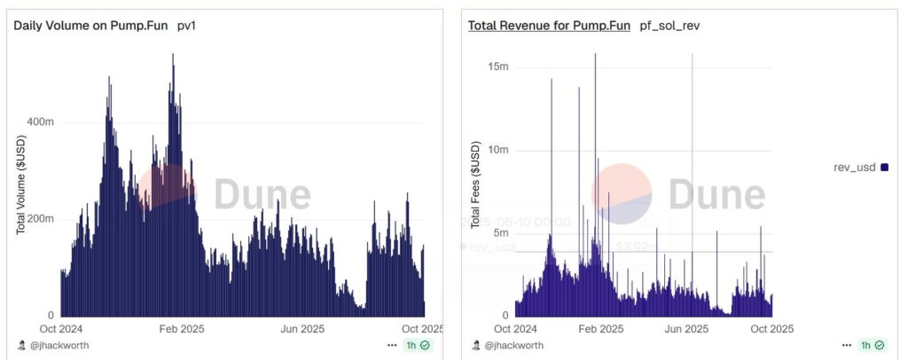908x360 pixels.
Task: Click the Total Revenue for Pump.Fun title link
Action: [x=549, y=26]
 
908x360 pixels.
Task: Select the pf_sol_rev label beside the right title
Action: [x=670, y=26]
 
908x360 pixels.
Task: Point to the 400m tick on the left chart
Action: [x=40, y=121]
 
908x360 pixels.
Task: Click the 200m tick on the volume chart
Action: [x=40, y=219]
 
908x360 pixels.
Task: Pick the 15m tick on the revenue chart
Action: [x=497, y=67]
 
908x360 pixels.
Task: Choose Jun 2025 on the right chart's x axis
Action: [x=685, y=329]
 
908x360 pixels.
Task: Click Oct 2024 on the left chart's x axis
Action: [x=59, y=329]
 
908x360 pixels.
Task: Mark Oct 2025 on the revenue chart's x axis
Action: [x=771, y=329]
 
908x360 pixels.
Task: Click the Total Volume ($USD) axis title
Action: [x=20, y=185]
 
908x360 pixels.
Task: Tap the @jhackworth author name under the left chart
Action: [x=59, y=345]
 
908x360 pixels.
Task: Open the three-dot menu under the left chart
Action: [x=392, y=345]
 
